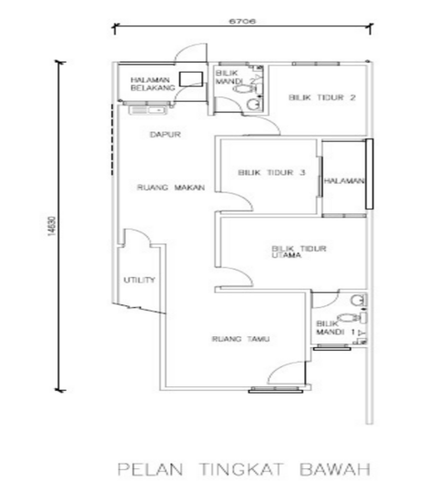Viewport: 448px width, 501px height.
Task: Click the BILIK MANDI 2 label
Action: pyautogui.click(x=228, y=79)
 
